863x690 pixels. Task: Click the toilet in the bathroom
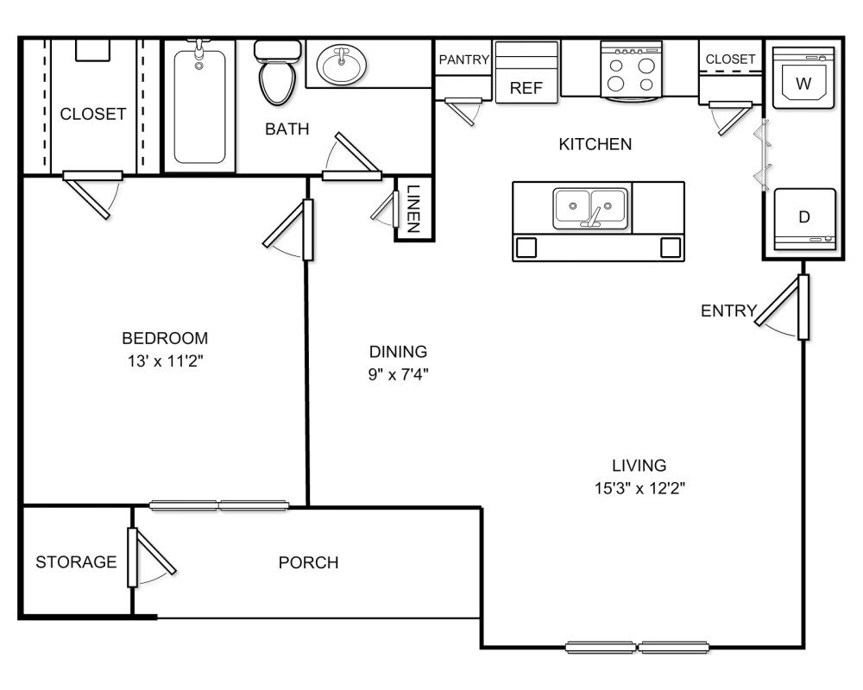(x=277, y=72)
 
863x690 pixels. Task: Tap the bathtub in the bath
(x=200, y=106)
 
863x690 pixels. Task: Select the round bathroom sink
(x=341, y=65)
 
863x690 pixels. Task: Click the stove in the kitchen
(x=631, y=71)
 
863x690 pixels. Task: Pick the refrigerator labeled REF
(x=526, y=72)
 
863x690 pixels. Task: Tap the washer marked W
(x=803, y=77)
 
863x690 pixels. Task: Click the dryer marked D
(x=804, y=219)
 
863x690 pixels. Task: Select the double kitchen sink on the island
(x=590, y=208)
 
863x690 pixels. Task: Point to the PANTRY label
(x=464, y=60)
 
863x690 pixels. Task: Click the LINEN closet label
(x=413, y=209)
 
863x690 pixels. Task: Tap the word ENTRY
(x=728, y=310)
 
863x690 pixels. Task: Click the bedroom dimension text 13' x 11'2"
(x=166, y=361)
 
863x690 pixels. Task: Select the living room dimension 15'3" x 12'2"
(x=639, y=488)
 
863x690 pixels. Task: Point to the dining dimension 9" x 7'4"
(x=399, y=374)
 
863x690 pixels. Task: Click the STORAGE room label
(x=76, y=561)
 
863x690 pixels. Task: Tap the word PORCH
(x=308, y=562)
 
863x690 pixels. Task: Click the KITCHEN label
(x=595, y=144)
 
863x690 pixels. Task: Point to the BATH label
(x=287, y=129)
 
